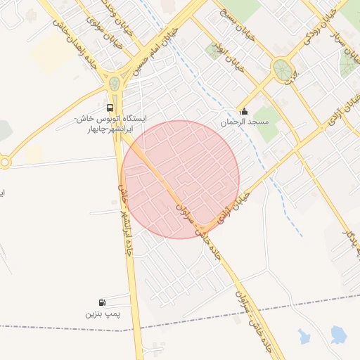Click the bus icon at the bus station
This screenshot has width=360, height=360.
coord(110,108)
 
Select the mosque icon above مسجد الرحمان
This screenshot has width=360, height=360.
coord(244,110)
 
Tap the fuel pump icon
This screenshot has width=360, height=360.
coord(104,302)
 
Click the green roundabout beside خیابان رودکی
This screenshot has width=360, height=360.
coord(283,69)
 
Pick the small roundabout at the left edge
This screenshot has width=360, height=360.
coord(5,162)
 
